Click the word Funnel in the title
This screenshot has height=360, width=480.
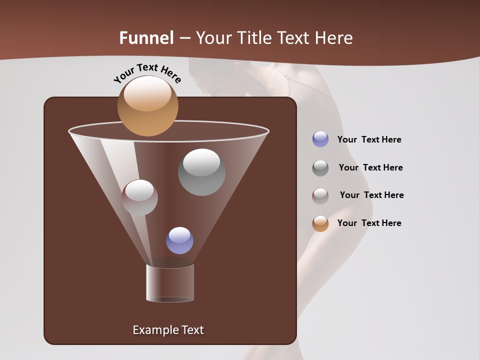tap(146, 38)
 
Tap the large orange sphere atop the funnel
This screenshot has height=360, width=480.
tap(147, 106)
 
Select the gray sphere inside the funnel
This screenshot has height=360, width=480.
tap(201, 172)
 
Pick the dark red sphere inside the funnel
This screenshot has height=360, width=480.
tap(139, 197)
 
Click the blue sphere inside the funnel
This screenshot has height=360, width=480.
tap(179, 240)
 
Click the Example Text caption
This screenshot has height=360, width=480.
tap(168, 330)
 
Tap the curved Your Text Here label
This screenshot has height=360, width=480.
tap(147, 73)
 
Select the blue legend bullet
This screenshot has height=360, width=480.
tap(320, 139)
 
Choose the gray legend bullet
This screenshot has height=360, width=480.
tap(320, 167)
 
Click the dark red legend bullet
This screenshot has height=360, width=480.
tap(320, 195)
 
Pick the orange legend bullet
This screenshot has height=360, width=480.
tap(320, 223)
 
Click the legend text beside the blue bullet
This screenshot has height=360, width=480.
tap(369, 139)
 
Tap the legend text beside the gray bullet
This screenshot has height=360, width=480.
tap(370, 167)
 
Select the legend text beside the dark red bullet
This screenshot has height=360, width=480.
tap(371, 195)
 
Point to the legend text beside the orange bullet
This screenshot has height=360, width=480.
tap(369, 223)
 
